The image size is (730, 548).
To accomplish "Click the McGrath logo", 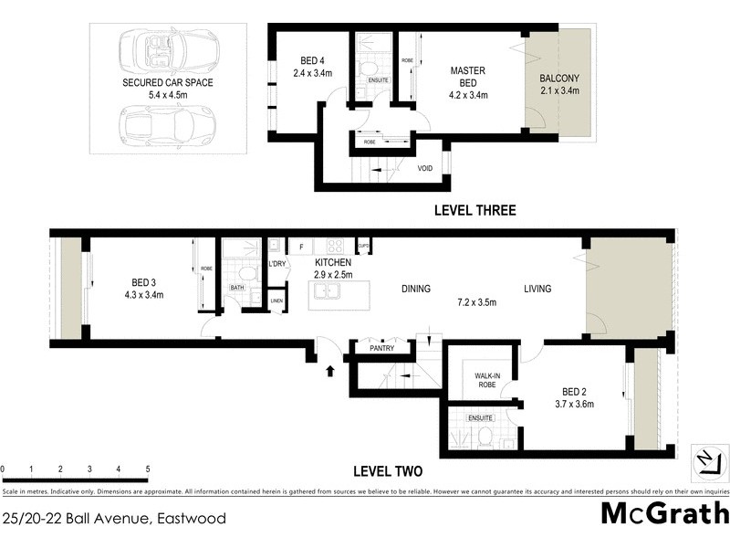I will click(664, 513).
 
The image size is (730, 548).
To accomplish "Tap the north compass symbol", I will click(707, 458).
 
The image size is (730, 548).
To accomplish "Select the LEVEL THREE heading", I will click(474, 211).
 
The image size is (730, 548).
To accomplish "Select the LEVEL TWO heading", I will click(387, 472).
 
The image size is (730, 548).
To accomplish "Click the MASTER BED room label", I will click(467, 77).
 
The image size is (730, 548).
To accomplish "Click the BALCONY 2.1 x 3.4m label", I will click(560, 83).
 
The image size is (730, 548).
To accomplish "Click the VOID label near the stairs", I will click(425, 168).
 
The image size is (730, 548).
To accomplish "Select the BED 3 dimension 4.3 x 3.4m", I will click(144, 296).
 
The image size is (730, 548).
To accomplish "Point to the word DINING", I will click(416, 290).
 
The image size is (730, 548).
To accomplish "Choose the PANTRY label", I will click(381, 348).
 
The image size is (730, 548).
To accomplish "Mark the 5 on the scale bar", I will click(148, 469).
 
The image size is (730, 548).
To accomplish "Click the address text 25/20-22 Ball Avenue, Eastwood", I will click(114, 519).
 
